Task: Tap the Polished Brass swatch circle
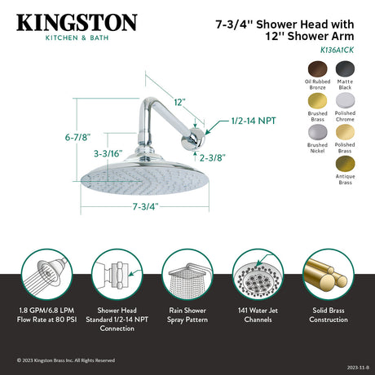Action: (344, 132)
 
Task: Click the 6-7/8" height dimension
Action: (66, 139)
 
